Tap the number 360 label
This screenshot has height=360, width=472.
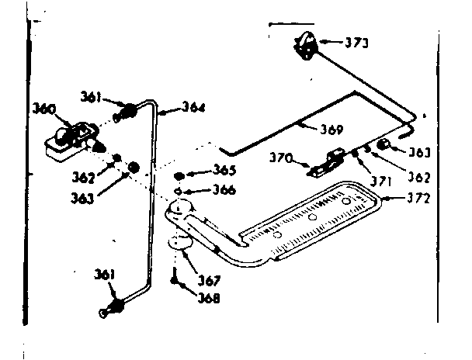pyautogui.click(x=43, y=110)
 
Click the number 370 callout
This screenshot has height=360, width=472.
pyautogui.click(x=280, y=158)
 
